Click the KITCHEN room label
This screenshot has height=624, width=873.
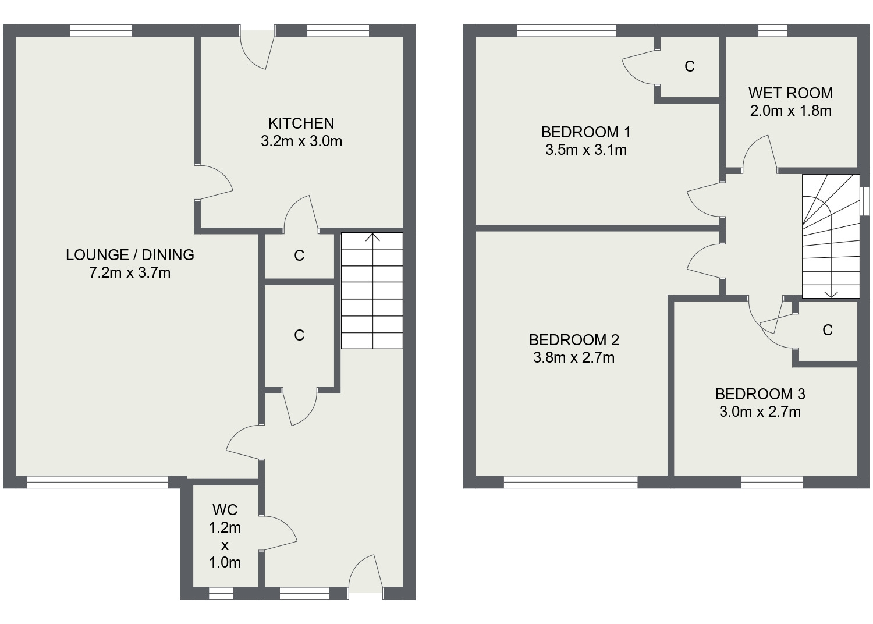point(301,123)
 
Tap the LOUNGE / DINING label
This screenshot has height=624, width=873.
point(130,254)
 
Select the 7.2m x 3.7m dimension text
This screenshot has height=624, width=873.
point(130,272)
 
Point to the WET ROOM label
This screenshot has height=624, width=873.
point(790,93)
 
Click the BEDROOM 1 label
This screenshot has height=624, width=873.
point(586,132)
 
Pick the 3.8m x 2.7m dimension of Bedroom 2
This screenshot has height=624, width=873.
point(574,357)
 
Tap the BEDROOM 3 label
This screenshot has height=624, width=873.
point(760,394)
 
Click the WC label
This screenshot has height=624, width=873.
point(225,510)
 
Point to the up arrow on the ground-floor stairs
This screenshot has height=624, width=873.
point(372,238)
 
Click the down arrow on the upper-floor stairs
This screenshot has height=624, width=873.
point(831,293)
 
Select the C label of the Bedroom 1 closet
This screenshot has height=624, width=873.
point(690,67)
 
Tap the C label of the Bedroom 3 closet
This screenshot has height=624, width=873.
point(828,331)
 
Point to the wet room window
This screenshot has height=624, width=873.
point(773,30)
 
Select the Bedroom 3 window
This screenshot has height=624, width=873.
point(772,482)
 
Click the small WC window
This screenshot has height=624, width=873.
point(221,593)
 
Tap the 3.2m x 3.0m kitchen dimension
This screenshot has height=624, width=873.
point(301,141)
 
